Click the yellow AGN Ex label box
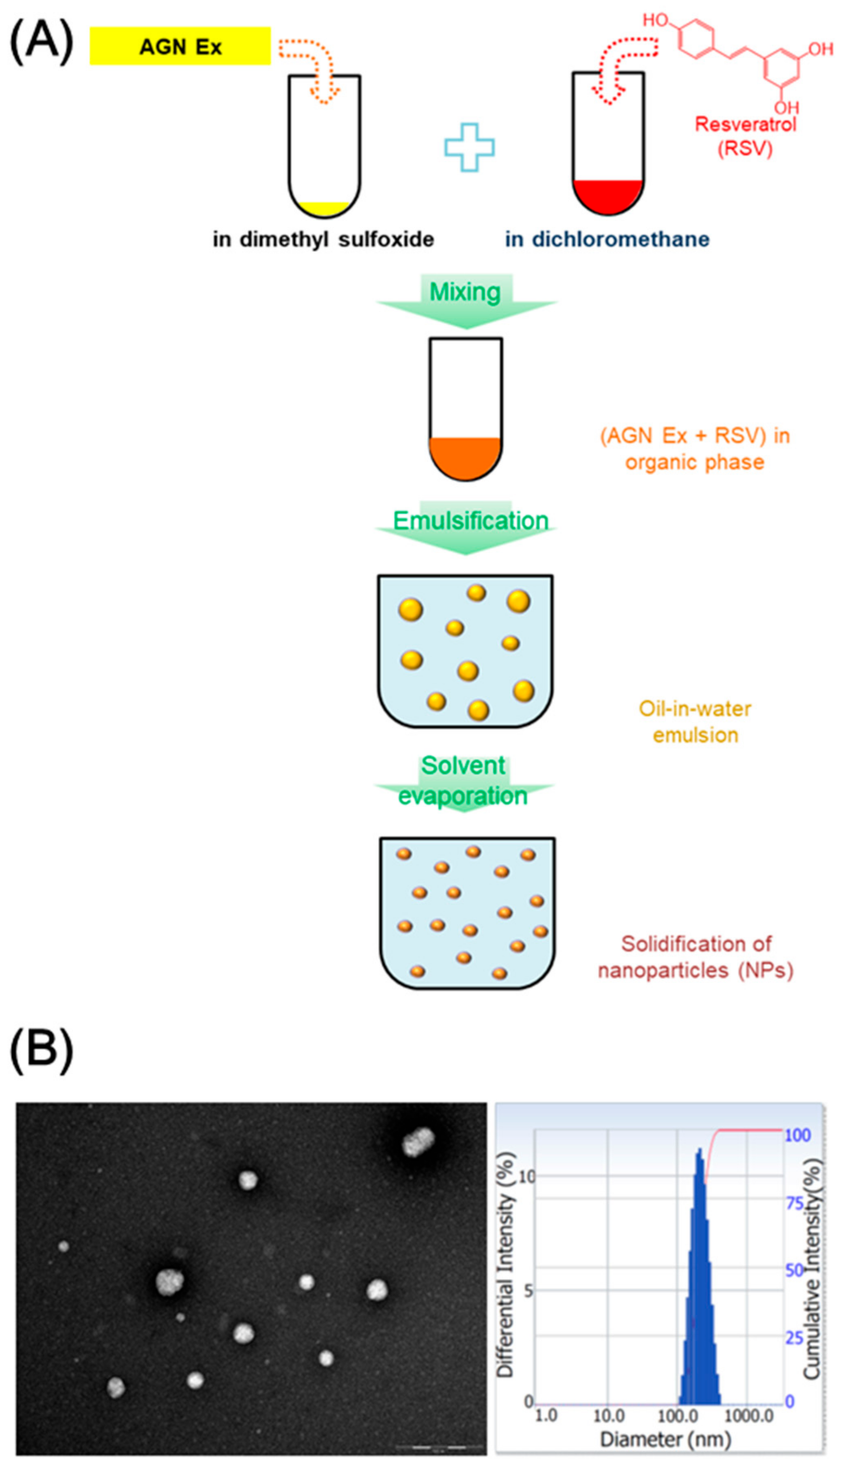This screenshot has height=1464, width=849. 180,46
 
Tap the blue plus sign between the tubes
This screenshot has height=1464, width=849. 469,147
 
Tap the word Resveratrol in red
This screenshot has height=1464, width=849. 745,124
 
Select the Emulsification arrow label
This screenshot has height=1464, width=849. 470,521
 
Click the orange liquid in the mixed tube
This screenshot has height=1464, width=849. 465,457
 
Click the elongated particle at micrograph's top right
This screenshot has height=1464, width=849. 419,1142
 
